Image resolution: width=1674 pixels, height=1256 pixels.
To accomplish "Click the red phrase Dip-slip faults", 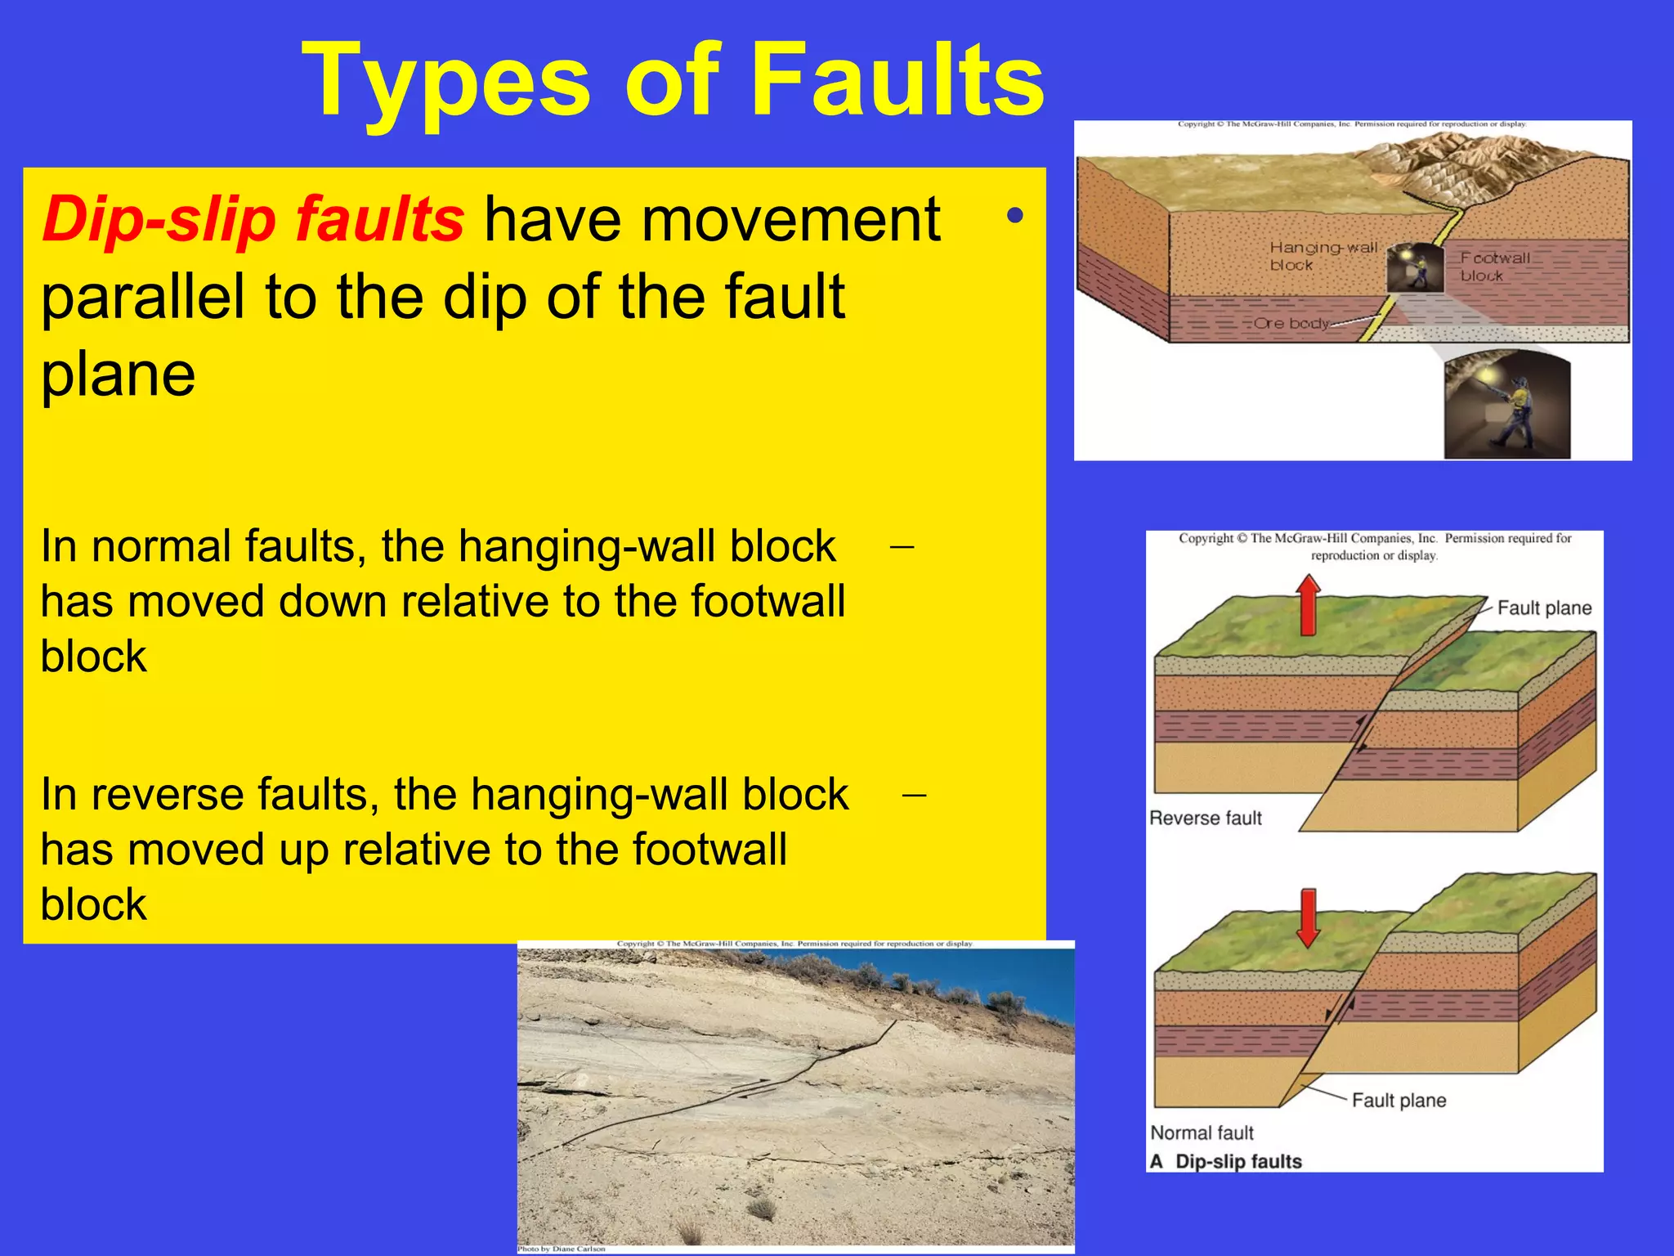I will click(x=253, y=219).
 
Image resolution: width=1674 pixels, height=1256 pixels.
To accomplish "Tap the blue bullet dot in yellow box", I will click(x=1014, y=216).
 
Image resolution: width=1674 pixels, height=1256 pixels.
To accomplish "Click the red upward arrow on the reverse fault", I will click(x=1309, y=605).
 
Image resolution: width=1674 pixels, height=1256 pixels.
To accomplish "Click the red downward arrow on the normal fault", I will click(x=1309, y=917).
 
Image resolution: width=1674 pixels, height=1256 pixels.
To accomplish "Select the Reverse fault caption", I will click(x=1205, y=818).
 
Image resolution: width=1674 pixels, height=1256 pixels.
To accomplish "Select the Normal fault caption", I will click(x=1202, y=1133).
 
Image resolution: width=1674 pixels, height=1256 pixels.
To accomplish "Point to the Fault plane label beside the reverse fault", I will click(x=1543, y=608).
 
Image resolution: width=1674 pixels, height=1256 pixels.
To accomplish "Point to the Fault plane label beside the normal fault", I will click(x=1398, y=1100).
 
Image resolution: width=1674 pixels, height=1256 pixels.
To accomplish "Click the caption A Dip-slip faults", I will click(x=1226, y=1161).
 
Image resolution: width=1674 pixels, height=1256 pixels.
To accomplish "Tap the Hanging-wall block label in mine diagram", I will click(x=1322, y=255).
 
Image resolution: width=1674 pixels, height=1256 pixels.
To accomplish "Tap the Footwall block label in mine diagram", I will click(x=1494, y=266).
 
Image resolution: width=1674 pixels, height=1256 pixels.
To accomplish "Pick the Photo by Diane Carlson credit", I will click(x=562, y=1249).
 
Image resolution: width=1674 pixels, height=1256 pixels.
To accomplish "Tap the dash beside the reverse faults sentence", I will click(x=914, y=794).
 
